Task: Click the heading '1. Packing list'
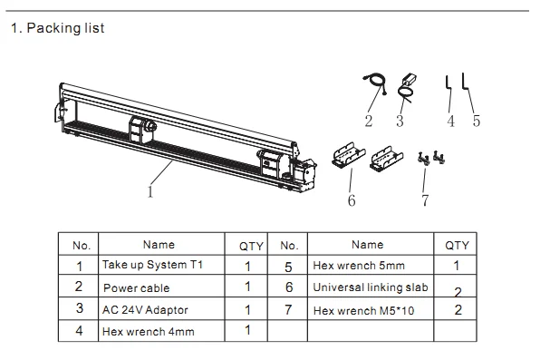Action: [57, 28]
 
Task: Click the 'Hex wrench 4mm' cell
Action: [148, 332]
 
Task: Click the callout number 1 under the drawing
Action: [150, 191]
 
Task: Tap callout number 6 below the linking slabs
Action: [352, 200]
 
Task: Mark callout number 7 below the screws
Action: [424, 200]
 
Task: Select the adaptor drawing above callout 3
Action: [405, 87]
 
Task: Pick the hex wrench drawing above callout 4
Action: [449, 83]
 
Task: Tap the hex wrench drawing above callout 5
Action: [465, 83]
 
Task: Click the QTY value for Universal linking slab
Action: [458, 291]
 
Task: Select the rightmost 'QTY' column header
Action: [458, 245]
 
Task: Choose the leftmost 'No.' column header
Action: [81, 245]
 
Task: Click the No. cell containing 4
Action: [80, 331]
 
